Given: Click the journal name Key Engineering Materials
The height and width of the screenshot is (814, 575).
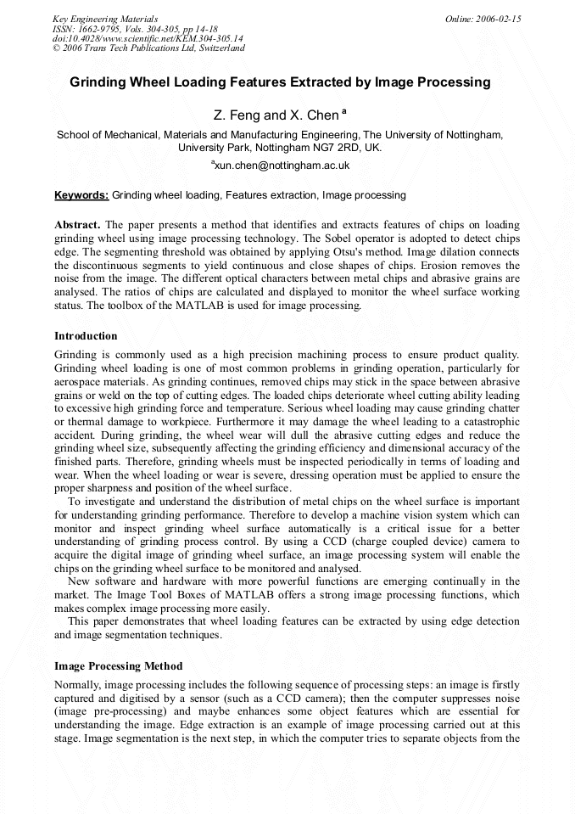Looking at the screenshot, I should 105,19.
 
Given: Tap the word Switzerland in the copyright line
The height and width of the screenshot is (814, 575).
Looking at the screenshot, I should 221,48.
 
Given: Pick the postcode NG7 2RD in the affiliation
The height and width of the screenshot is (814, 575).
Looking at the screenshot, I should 331,147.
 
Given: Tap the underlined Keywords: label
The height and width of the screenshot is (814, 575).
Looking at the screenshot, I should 81,195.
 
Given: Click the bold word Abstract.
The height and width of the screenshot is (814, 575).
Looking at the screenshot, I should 77,225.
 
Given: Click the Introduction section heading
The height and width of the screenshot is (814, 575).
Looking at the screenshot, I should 86,336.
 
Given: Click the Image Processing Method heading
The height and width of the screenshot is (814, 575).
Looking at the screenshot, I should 118,666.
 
